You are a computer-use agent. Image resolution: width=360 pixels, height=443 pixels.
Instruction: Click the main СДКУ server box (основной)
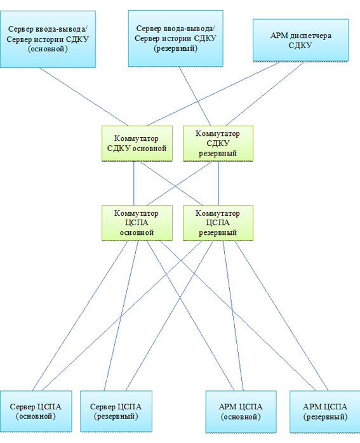(48, 39)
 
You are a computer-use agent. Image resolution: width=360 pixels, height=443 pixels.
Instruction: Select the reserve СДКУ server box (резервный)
(175, 39)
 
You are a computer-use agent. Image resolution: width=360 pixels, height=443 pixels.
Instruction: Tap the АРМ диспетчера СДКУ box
(300, 40)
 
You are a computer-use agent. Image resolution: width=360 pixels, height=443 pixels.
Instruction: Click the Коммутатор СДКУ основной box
(137, 143)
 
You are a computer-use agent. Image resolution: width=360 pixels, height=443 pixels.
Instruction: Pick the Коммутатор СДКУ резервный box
(218, 143)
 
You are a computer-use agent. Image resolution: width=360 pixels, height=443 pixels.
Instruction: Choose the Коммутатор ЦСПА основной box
(137, 223)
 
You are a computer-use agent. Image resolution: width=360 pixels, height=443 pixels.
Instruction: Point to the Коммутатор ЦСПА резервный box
(218, 223)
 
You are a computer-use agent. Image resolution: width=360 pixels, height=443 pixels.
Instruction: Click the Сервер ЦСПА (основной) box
(36, 411)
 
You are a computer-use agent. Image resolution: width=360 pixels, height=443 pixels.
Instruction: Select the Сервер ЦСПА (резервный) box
(116, 411)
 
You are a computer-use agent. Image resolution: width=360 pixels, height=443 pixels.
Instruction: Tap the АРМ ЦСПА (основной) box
(241, 412)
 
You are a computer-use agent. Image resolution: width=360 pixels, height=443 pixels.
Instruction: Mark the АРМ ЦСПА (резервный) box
(325, 412)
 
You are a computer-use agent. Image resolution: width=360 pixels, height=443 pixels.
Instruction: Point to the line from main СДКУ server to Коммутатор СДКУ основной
(84, 96)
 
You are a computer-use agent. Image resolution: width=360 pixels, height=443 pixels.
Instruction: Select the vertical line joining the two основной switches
(134, 183)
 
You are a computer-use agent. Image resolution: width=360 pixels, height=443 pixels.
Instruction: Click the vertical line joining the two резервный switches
(218, 183)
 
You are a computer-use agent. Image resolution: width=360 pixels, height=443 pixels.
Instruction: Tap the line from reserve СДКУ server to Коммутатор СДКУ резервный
(195, 96)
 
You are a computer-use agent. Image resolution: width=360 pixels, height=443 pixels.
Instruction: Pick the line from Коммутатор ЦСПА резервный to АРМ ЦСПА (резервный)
(281, 316)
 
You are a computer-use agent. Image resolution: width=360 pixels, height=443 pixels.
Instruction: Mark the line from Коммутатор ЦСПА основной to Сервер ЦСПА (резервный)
(121, 316)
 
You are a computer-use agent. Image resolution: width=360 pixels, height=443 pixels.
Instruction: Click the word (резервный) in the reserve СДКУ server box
(175, 48)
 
